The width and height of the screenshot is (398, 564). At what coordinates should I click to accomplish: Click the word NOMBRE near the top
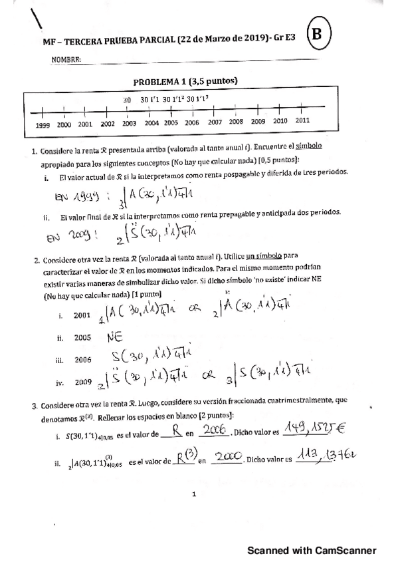click(66, 60)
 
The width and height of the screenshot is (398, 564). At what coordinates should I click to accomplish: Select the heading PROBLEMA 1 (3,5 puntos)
click(185, 82)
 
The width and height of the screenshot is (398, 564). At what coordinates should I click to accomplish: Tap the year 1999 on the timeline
click(42, 124)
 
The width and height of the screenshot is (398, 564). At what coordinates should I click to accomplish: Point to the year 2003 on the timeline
click(129, 124)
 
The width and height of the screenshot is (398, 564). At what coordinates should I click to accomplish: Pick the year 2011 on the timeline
click(302, 121)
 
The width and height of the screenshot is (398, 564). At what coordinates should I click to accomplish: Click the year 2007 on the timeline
click(215, 122)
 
